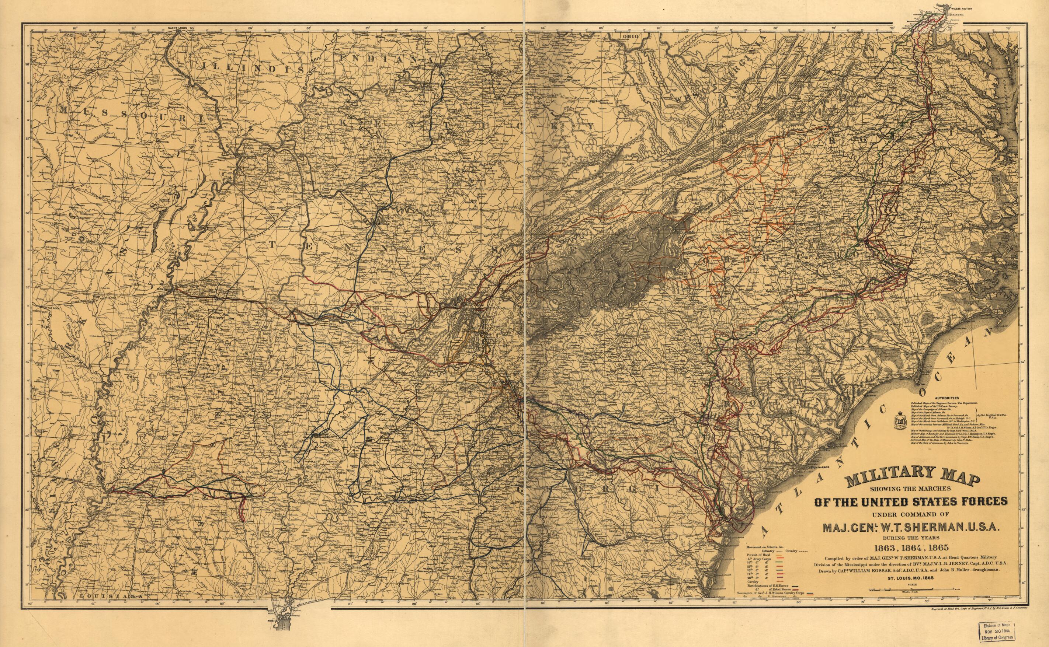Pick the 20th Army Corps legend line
[762, 578]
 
